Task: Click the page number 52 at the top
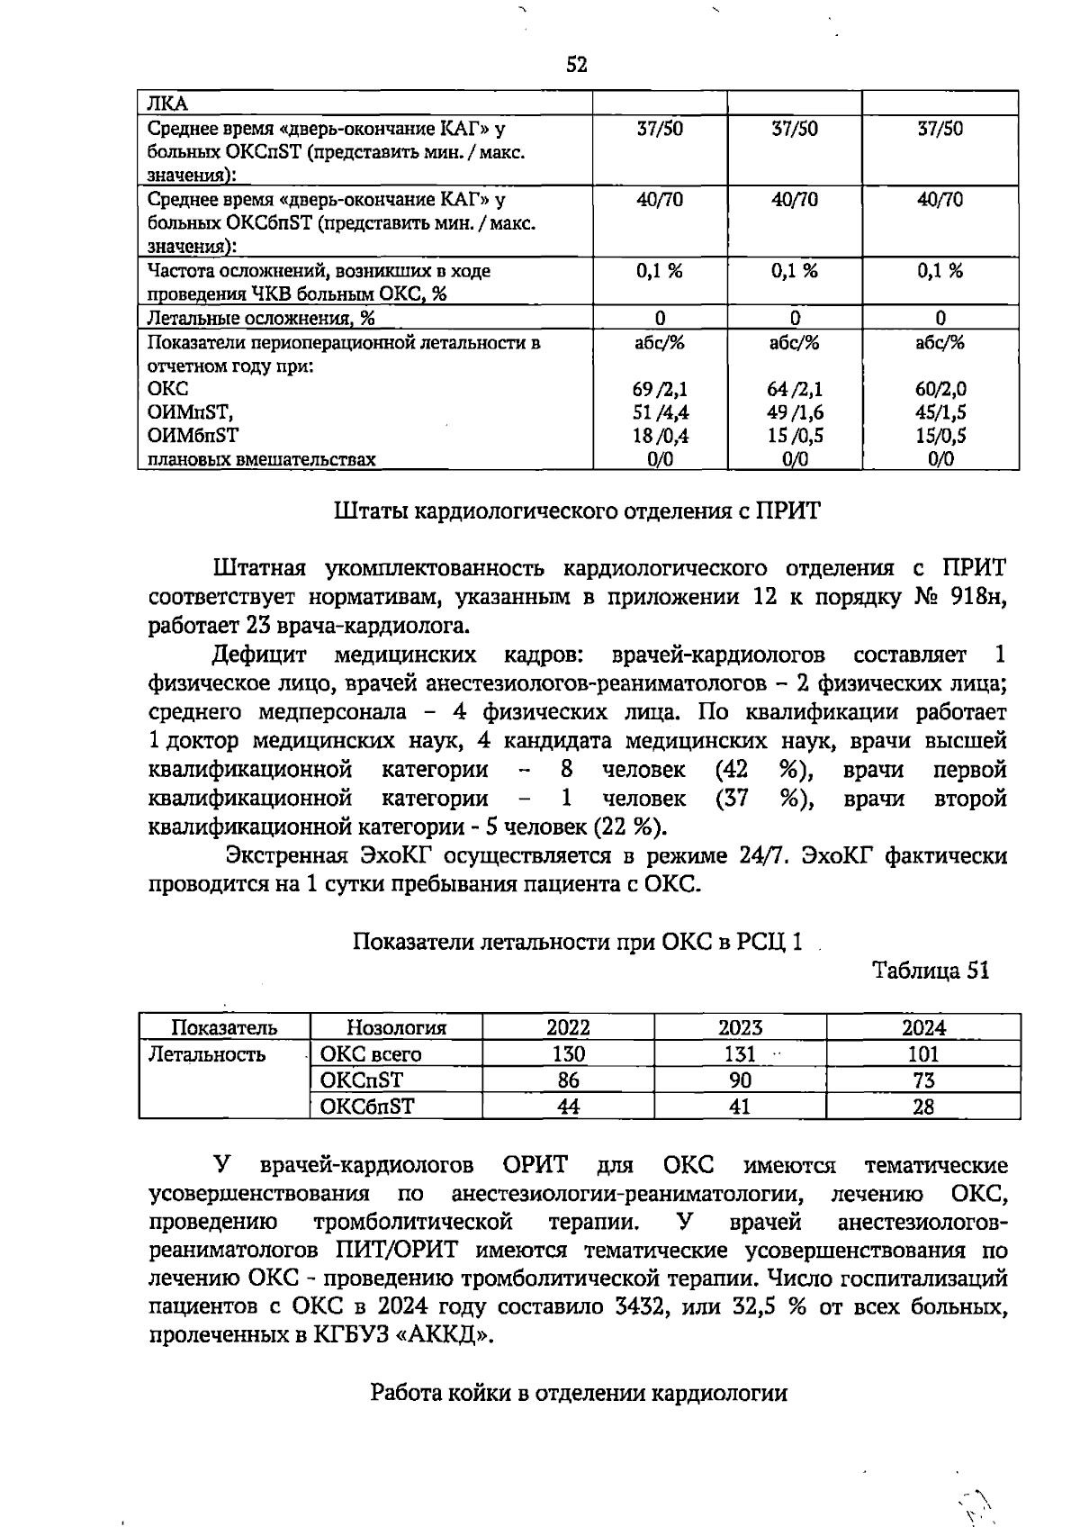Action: pos(577,65)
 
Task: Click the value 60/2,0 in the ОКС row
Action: pos(940,389)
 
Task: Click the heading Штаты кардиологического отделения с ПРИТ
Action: pos(577,511)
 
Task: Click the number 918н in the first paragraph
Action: pos(977,597)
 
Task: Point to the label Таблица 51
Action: pos(931,971)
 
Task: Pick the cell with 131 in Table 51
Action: pos(740,1054)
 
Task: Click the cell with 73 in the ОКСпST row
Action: pos(923,1080)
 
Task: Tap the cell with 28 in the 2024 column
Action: pos(923,1107)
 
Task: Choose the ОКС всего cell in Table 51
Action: pos(371,1054)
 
